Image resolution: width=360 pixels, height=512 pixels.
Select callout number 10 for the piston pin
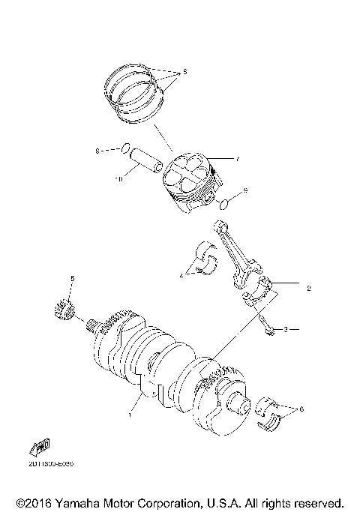117,178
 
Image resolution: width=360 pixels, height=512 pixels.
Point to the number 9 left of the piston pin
96,151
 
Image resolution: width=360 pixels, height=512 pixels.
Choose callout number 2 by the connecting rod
307,288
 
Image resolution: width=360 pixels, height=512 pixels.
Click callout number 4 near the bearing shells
181,277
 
